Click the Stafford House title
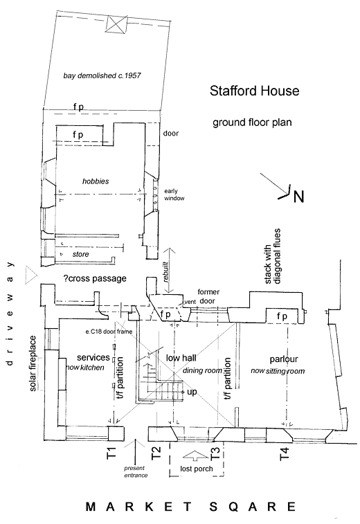(x=254, y=91)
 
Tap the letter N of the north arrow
(x=298, y=197)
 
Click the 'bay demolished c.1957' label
(x=102, y=75)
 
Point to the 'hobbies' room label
(x=96, y=181)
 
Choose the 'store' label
(x=80, y=254)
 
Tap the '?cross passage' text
(x=95, y=278)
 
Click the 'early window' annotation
(x=174, y=195)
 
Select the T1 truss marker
(x=111, y=453)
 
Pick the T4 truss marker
(x=284, y=454)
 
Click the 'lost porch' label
(x=196, y=469)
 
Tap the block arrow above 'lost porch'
(x=195, y=456)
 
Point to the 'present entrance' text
(x=136, y=471)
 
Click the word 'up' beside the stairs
(x=192, y=392)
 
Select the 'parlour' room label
(x=284, y=359)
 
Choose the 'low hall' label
(x=181, y=358)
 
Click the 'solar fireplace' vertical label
(x=33, y=363)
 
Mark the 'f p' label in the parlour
(x=282, y=316)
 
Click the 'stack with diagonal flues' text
(x=272, y=257)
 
